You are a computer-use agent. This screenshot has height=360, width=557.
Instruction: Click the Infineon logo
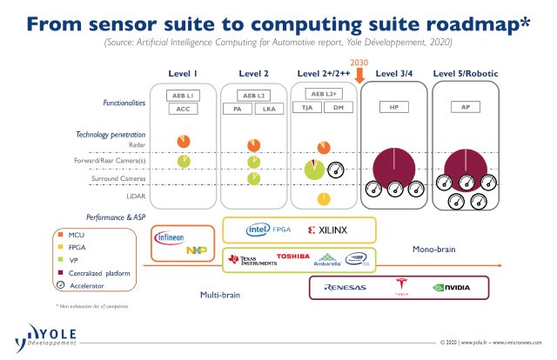pyautogui.click(x=170, y=237)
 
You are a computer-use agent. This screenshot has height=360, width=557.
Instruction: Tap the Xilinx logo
pyautogui.click(x=327, y=230)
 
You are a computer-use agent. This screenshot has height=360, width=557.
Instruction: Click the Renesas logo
pyautogui.click(x=346, y=287)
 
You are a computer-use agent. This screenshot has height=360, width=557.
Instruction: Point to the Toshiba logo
pyautogui.click(x=292, y=256)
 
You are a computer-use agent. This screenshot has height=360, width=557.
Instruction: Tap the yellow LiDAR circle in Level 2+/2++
pyautogui.click(x=323, y=199)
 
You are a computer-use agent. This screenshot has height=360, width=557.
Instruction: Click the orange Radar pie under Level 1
pyautogui.click(x=183, y=141)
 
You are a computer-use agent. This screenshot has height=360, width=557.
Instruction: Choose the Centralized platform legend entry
pyautogui.click(x=93, y=272)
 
